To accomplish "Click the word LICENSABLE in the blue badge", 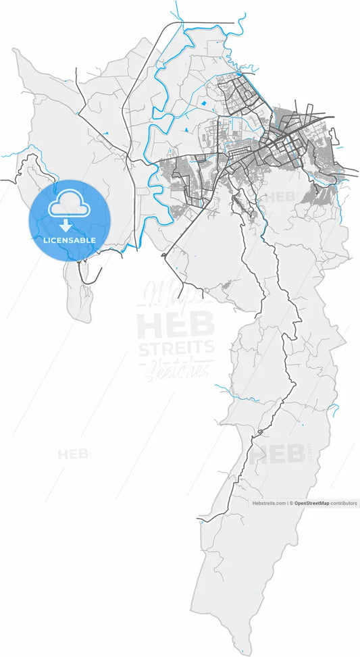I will (x=70, y=240).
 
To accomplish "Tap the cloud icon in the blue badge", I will (x=70, y=201).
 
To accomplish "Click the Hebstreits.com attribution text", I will (x=269, y=503).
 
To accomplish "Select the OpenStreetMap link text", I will (x=312, y=503).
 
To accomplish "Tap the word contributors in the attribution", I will (x=344, y=503).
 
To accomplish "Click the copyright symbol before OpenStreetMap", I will (x=292, y=503).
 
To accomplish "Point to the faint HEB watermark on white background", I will (x=73, y=454).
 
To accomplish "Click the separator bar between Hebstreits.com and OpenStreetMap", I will (x=287, y=503).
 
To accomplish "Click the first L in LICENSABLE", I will (x=46, y=240).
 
